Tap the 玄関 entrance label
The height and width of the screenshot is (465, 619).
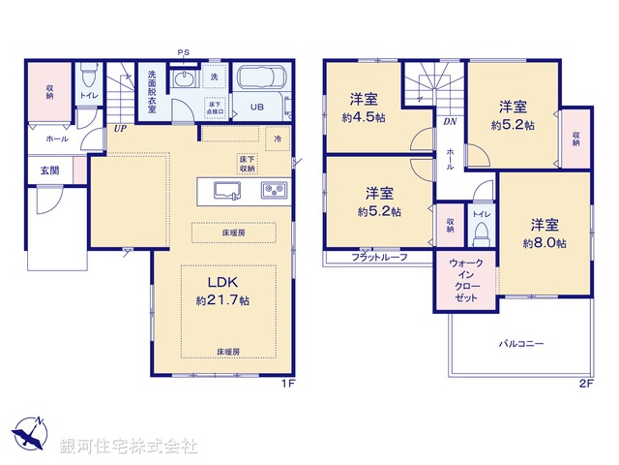click(x=49, y=170)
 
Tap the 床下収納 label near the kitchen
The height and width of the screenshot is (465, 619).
click(x=247, y=164)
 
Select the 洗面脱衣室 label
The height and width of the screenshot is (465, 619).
click(x=152, y=92)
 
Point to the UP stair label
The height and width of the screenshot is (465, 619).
click(x=121, y=128)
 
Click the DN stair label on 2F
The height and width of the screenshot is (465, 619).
click(x=451, y=121)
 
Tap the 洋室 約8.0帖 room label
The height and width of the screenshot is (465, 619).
click(x=545, y=232)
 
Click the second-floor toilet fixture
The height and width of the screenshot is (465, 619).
click(x=480, y=232)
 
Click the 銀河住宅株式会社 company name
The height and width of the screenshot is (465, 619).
click(x=129, y=447)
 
